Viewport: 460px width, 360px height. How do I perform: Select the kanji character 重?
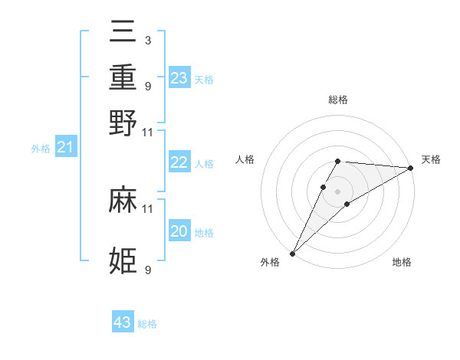[123, 79]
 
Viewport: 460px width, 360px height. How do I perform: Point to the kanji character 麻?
[123, 201]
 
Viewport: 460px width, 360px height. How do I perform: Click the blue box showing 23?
[179, 78]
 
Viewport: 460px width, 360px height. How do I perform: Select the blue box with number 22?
[179, 162]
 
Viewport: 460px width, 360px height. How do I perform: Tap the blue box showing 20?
[179, 231]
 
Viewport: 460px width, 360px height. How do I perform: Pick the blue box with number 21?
[65, 148]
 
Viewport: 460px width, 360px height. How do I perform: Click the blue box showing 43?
[123, 322]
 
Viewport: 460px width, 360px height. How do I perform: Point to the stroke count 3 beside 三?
[147, 41]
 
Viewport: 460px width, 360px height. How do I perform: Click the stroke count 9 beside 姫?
[147, 270]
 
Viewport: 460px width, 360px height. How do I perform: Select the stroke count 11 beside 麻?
[147, 208]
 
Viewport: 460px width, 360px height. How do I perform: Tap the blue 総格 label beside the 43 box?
[147, 324]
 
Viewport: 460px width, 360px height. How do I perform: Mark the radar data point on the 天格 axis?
[411, 168]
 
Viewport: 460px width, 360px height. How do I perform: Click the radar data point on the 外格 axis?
[292, 254]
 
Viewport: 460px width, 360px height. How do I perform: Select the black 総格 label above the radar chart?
[337, 100]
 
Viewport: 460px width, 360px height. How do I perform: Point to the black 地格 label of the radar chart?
[402, 263]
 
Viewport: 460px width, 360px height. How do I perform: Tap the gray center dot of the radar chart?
[337, 191]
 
